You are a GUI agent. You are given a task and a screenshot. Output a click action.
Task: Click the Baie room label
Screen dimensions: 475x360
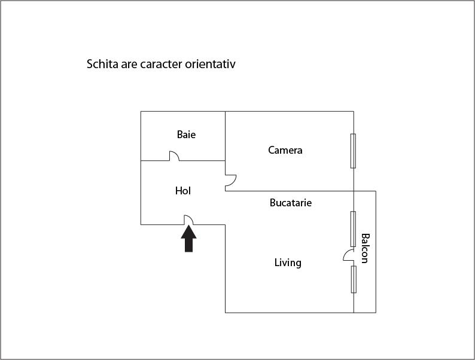pyautogui.click(x=186, y=135)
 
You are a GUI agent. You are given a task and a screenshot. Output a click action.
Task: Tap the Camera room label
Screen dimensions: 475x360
pyautogui.click(x=285, y=150)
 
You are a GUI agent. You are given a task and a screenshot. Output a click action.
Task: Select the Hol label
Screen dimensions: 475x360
pyautogui.click(x=183, y=191)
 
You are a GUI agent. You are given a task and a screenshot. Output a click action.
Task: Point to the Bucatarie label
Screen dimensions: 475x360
pyautogui.click(x=291, y=203)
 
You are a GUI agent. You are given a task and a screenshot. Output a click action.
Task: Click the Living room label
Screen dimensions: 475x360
pyautogui.click(x=288, y=263)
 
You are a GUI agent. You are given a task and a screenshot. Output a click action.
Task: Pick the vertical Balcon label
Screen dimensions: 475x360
pyautogui.click(x=365, y=248)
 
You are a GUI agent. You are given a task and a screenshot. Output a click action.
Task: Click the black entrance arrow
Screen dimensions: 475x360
pyautogui.click(x=188, y=239)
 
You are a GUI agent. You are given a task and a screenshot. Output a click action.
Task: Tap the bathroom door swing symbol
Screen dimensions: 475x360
pyautogui.click(x=174, y=155)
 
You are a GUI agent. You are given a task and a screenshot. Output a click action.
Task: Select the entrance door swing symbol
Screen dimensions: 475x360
pyautogui.click(x=188, y=220)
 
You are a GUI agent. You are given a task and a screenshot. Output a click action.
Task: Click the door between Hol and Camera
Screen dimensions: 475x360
pyautogui.click(x=231, y=181)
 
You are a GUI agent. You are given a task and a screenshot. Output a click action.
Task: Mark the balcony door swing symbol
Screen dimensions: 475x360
pyautogui.click(x=348, y=255)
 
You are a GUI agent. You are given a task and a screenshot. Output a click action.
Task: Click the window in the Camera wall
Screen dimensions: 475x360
pyautogui.click(x=353, y=151)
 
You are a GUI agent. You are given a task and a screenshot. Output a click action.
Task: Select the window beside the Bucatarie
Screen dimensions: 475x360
pyautogui.click(x=353, y=229)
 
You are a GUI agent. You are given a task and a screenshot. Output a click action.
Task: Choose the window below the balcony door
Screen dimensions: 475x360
pyautogui.click(x=354, y=279)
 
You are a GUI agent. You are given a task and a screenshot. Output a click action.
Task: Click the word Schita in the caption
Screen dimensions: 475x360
pyautogui.click(x=102, y=64)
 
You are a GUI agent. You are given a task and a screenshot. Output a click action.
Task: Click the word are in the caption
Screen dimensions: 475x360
pyautogui.click(x=129, y=65)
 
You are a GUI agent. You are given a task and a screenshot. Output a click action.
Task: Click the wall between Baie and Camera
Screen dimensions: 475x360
pyautogui.click(x=225, y=136)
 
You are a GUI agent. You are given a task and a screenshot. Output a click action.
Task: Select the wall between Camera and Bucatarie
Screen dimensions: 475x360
pyautogui.click(x=290, y=191)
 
